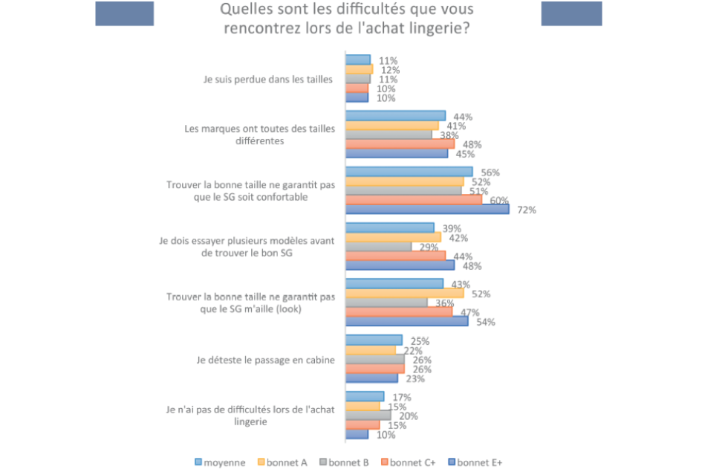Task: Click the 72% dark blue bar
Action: pyautogui.click(x=427, y=210)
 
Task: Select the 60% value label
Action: pyautogui.click(x=499, y=200)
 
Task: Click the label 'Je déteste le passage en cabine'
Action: pyautogui.click(x=266, y=360)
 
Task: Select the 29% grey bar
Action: pyautogui.click(x=379, y=247)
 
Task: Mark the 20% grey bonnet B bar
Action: pyautogui.click(x=368, y=416)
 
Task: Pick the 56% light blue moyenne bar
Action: pyautogui.click(x=409, y=172)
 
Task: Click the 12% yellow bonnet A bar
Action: pyautogui.click(x=359, y=69)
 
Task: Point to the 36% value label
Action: pyautogui.click(x=445, y=303)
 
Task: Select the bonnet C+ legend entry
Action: pyautogui.click(x=411, y=462)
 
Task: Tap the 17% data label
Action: pyautogui.click(x=402, y=397)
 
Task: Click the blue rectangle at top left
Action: pyautogui.click(x=124, y=13)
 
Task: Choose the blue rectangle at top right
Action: pyautogui.click(x=571, y=13)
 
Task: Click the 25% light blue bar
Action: pyautogui.click(x=374, y=340)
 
